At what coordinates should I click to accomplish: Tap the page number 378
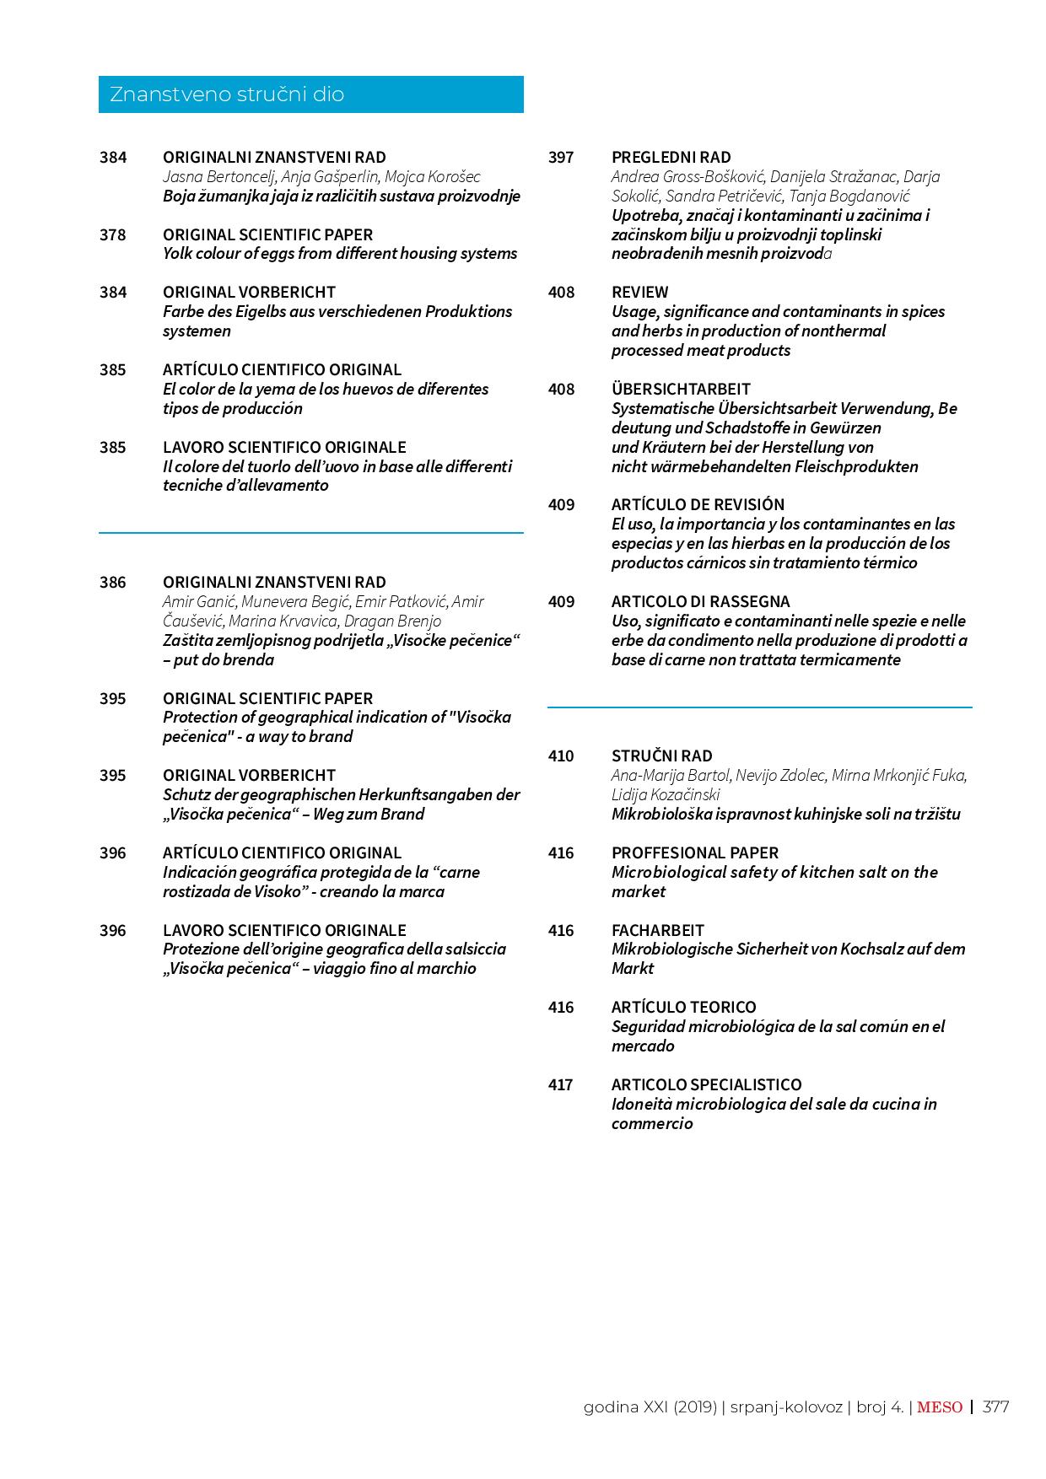pos(112,234)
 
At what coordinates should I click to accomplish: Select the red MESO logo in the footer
pos(939,1406)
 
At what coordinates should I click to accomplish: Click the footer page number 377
pos(995,1406)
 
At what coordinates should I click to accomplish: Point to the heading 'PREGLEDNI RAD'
pos(671,157)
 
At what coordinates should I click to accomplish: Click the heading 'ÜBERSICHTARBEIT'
pos(681,389)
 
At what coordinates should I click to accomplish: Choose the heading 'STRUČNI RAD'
pos(661,756)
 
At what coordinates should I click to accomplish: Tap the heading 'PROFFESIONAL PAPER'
pos(694,852)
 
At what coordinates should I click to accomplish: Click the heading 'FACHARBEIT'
pos(657,930)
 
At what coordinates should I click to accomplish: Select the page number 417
pos(560,1084)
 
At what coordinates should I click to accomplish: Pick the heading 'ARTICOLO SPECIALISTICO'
pos(706,1084)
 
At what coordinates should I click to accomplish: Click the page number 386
pos(112,582)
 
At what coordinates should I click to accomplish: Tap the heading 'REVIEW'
pos(639,292)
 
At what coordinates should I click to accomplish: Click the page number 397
pos(560,157)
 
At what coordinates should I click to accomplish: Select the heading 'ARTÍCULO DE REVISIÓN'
pos(698,504)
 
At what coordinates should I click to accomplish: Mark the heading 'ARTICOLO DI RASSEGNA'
pos(700,601)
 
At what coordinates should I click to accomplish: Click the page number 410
pos(560,756)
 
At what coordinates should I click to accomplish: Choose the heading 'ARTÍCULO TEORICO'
pos(683,1007)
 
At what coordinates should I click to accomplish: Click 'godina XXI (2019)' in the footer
pos(650,1406)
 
